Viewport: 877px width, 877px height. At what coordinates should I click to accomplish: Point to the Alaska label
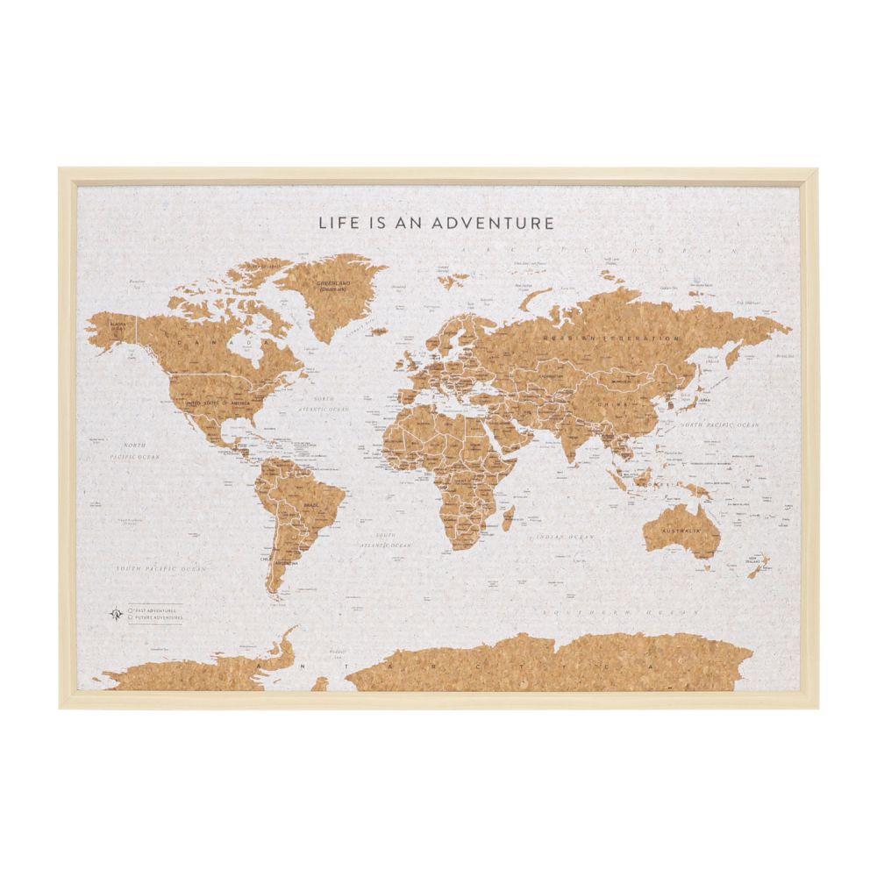point(118,325)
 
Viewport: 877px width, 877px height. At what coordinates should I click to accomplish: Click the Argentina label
point(286,559)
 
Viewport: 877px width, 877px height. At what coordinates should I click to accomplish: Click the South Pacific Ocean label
point(162,569)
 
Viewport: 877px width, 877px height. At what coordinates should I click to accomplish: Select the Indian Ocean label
point(567,536)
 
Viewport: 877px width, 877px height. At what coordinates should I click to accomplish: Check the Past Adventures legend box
point(130,610)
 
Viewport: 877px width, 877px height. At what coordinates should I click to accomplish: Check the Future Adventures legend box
point(130,617)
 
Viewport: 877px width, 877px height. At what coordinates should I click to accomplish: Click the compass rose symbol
point(114,613)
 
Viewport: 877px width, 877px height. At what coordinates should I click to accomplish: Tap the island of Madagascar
point(507,519)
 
